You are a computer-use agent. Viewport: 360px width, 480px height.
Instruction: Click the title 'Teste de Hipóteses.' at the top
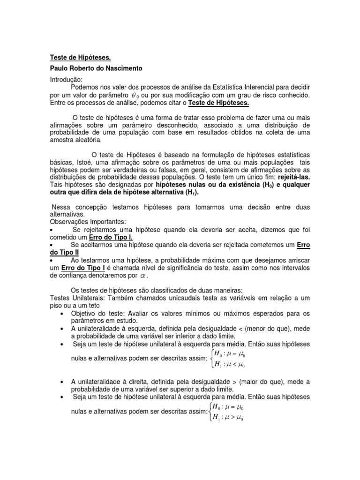(81, 58)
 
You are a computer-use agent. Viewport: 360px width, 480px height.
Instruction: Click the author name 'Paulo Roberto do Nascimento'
(96, 68)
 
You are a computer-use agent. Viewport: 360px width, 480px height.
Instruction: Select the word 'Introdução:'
(66, 80)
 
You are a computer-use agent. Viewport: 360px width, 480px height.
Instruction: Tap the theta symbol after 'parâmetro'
(135, 95)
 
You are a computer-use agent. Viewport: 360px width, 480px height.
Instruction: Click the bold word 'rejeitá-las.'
(294, 178)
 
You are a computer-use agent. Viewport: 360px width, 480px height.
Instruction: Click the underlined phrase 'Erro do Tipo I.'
(111, 238)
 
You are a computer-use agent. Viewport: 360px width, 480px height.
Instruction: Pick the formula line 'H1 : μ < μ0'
(229, 365)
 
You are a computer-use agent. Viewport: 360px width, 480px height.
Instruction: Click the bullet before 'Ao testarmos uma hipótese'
(52, 260)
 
